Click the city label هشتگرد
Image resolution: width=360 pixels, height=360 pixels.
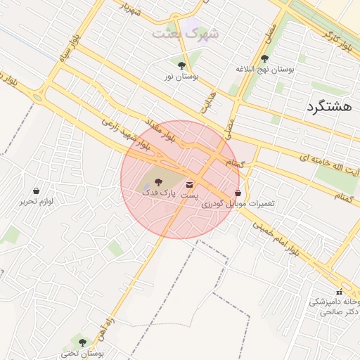tap(328, 107)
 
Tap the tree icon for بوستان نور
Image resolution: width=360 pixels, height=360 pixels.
tap(181, 65)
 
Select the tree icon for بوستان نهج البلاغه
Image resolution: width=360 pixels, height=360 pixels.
tap(264, 59)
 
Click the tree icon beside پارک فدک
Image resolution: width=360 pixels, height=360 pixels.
tap(157, 182)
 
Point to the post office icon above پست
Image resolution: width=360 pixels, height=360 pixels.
tap(189, 184)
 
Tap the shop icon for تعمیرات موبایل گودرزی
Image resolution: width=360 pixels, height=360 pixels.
tap(238, 193)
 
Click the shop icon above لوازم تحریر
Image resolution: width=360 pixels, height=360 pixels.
tap(36, 191)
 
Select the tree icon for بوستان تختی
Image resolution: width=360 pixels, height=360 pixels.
tap(82, 342)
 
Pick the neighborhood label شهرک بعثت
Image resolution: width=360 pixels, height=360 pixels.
tap(186, 33)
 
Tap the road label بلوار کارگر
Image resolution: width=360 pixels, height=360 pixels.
tap(337, 42)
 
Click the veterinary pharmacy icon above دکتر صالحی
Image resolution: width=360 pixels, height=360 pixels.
tap(339, 292)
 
